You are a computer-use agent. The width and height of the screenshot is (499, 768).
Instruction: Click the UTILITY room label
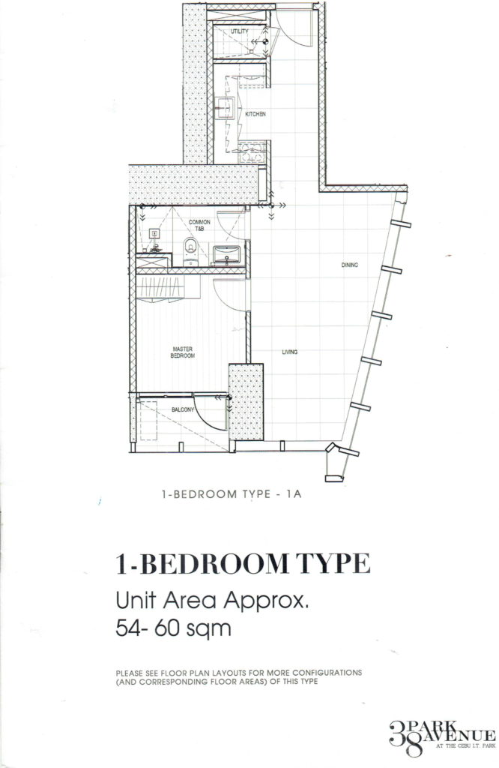[x=239, y=31]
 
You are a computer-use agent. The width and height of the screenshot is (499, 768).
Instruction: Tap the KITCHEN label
[x=255, y=114]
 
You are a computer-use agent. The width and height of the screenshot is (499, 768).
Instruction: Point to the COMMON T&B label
[x=199, y=225]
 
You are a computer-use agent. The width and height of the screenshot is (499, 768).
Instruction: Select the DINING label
[x=350, y=265]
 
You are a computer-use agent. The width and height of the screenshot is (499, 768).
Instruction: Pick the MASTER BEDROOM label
[x=184, y=352]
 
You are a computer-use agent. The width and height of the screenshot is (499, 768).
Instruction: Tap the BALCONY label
[x=183, y=409]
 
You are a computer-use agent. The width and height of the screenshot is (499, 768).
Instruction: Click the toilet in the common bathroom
[x=190, y=249]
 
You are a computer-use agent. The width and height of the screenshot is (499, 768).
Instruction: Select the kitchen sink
[x=226, y=106]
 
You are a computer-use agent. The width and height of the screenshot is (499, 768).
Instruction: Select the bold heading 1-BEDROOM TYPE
[x=243, y=562]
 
